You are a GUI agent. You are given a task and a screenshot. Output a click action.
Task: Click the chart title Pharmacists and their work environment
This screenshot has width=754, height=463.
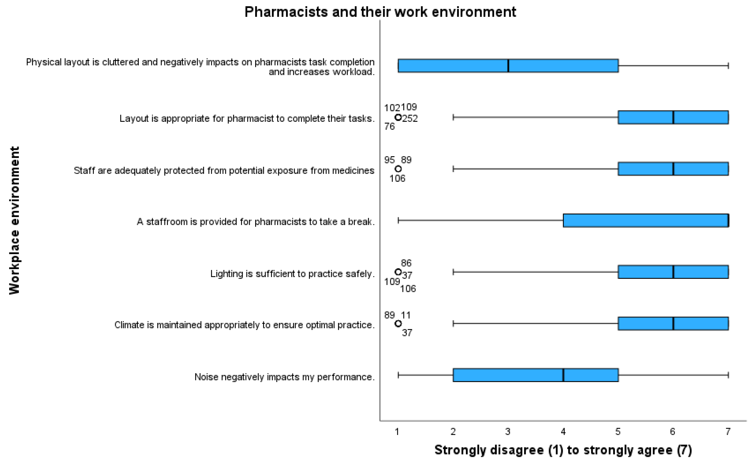click(380, 12)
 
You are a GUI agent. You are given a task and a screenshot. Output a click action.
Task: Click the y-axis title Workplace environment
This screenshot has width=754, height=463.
click(14, 220)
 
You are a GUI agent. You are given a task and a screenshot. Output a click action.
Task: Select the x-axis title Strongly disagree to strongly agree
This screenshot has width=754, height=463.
click(563, 450)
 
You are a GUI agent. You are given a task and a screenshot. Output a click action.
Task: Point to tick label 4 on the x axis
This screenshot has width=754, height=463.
click(563, 432)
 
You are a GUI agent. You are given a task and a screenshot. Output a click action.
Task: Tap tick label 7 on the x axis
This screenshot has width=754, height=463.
click(728, 432)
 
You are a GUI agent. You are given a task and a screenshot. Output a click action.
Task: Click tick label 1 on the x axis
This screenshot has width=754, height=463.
click(397, 432)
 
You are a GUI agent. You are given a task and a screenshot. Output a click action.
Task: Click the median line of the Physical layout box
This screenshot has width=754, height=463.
click(508, 66)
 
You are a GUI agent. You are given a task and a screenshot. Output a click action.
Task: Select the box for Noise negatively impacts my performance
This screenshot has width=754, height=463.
click(536, 375)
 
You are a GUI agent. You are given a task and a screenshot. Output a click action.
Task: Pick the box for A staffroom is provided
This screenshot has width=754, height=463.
click(646, 220)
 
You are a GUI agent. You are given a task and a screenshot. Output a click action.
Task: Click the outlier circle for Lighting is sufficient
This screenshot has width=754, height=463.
click(398, 272)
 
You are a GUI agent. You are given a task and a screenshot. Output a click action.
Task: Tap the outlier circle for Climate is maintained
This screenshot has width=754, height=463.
click(398, 324)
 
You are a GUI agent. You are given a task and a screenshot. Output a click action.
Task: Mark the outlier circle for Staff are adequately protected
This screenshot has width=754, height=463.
click(398, 169)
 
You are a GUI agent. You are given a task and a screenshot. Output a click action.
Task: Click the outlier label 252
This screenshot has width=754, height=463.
click(410, 119)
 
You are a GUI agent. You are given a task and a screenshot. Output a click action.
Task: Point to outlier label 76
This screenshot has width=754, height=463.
click(390, 126)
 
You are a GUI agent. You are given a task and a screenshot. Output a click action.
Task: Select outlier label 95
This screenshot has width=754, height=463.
click(390, 160)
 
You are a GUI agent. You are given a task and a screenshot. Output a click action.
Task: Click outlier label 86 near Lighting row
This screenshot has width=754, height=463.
click(406, 263)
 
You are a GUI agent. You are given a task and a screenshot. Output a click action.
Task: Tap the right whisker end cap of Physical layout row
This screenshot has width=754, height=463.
click(728, 66)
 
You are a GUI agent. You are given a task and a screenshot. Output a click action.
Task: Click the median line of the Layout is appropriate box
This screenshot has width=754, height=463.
click(673, 117)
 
